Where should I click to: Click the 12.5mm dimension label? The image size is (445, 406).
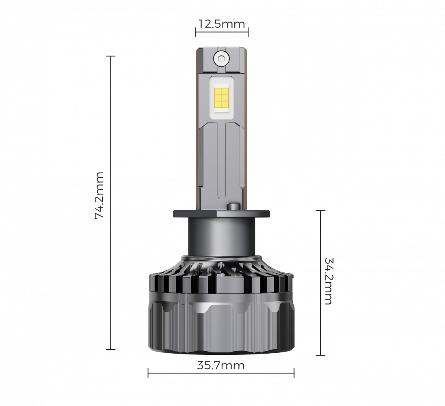point(222,24)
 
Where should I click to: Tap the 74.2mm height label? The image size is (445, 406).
point(99,195)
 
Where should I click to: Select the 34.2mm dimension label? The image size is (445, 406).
point(328,281)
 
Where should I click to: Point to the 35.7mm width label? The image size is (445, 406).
point(221,365)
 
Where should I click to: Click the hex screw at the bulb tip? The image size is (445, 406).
point(222,59)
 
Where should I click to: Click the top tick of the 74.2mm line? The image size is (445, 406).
point(110,56)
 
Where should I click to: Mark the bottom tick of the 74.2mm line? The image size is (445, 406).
point(110,349)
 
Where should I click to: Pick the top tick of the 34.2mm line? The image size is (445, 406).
point(321,210)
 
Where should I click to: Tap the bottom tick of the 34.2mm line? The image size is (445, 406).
point(321,355)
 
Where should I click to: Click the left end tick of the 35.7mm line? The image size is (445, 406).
point(148,373)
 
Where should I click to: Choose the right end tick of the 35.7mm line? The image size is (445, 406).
point(294,373)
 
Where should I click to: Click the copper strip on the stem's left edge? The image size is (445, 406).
point(198,134)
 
